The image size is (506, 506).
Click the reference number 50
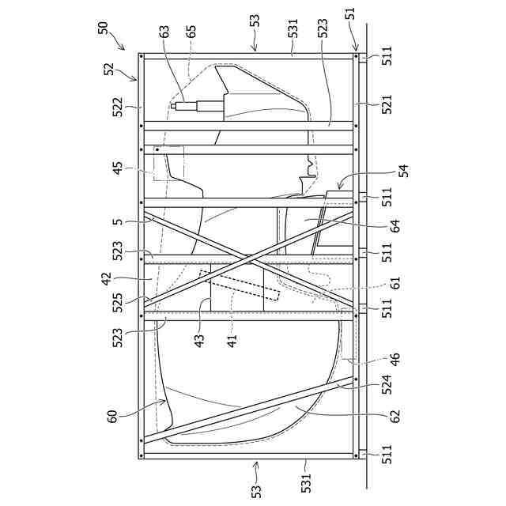104,27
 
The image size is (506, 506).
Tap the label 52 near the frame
109,70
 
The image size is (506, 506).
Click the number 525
116,303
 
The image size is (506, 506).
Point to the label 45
116,169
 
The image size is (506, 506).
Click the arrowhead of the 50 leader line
124,48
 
